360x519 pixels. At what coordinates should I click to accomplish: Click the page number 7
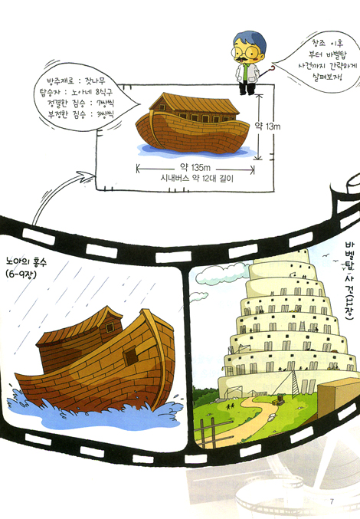(x=332, y=501)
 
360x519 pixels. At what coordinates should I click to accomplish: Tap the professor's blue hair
(x=251, y=39)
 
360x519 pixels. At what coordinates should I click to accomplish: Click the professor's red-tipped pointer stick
(x=267, y=73)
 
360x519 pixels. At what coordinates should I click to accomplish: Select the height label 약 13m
(x=268, y=126)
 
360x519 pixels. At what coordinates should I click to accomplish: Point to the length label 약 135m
(x=195, y=167)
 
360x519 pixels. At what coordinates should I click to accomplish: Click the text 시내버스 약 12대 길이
(x=197, y=179)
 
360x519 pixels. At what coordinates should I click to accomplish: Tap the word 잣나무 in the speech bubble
(x=95, y=80)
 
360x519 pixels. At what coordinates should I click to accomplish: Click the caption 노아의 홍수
(x=27, y=262)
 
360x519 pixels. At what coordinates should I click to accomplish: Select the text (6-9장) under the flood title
(x=21, y=274)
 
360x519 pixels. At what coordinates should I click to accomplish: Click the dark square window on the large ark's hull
(x=131, y=356)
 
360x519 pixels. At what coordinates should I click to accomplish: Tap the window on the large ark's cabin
(x=110, y=327)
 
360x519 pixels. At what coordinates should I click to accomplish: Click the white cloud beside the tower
(x=222, y=273)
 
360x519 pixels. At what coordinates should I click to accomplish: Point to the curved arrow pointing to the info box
(x=53, y=194)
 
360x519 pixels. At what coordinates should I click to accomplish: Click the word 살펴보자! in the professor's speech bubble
(x=328, y=77)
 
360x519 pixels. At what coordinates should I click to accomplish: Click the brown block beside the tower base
(x=338, y=397)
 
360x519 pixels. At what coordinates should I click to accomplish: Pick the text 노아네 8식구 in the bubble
(x=92, y=92)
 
